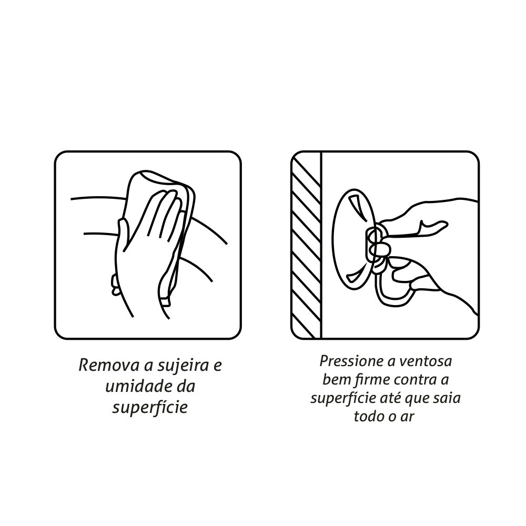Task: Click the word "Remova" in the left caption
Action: (109, 365)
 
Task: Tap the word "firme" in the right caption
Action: (371, 380)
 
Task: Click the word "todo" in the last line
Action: (368, 416)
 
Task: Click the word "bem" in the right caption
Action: (336, 380)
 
